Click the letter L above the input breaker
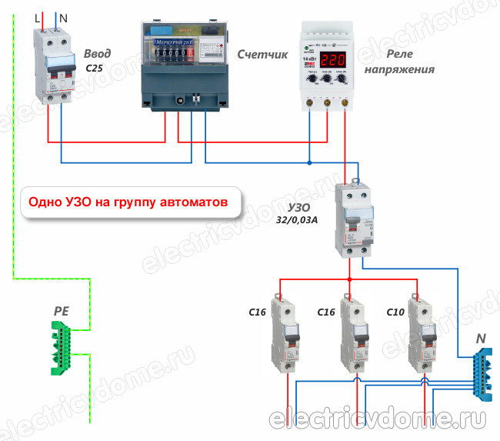37,15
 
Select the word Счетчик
262,55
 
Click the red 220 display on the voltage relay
335,60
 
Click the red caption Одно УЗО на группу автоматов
128,203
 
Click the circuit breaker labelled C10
422,331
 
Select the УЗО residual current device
355,220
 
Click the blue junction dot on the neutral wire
309,162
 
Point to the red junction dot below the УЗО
350,279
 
